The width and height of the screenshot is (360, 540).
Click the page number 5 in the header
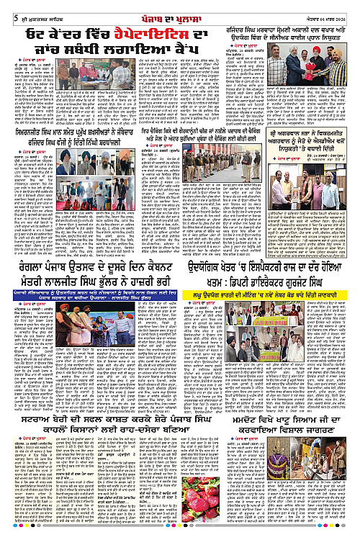6,8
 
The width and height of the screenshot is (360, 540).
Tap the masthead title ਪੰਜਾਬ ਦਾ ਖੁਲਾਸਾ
179,7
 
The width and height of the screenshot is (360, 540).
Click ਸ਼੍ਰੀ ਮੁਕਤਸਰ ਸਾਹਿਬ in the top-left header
30,8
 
